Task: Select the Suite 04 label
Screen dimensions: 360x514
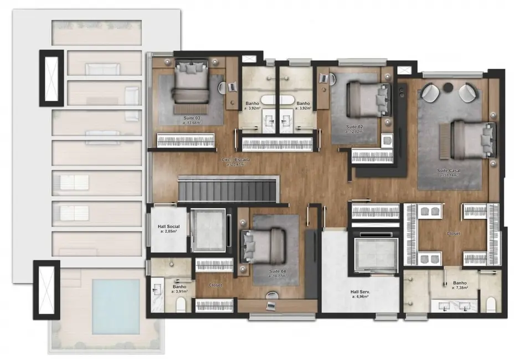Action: point(277,270)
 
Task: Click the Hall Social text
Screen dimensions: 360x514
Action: point(169,227)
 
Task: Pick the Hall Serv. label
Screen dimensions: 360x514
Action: point(360,293)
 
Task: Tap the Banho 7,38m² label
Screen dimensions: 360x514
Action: point(460,285)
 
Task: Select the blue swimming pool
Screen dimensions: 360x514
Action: point(115,306)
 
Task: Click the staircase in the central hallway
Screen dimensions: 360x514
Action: point(227,190)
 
